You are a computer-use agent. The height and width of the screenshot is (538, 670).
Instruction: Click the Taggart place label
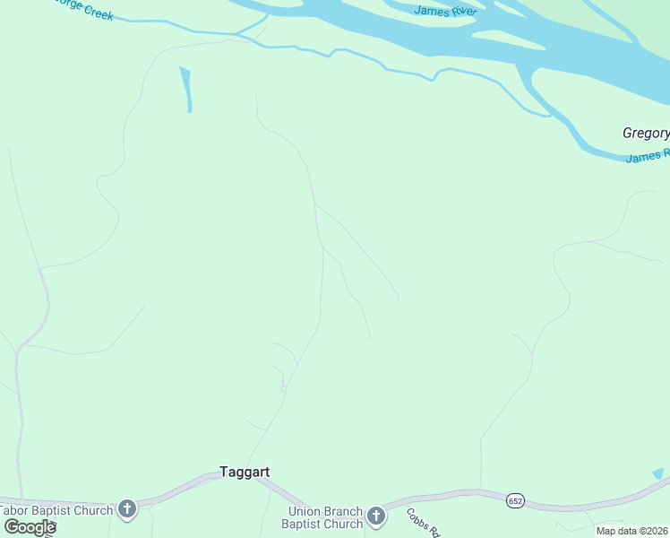(x=245, y=472)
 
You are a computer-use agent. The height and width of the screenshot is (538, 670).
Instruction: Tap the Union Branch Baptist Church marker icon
(x=376, y=516)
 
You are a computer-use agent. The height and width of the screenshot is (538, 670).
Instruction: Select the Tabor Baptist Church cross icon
(x=127, y=510)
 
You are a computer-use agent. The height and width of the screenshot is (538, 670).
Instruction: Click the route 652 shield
(x=514, y=499)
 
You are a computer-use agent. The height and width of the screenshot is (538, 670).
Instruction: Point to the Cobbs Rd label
(x=423, y=523)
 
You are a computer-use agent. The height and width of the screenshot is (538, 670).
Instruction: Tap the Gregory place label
(x=646, y=134)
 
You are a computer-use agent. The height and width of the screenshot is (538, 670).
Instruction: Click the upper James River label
(x=445, y=11)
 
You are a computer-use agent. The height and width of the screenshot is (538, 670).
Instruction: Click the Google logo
(x=29, y=526)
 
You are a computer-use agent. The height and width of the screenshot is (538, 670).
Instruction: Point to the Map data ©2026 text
(x=632, y=531)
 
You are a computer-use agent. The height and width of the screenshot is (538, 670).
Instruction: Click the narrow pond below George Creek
(x=186, y=89)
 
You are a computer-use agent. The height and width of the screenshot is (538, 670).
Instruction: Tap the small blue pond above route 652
(x=658, y=473)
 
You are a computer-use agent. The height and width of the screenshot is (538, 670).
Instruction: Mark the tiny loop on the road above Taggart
(x=283, y=387)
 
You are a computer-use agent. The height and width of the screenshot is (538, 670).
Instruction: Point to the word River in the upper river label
(x=462, y=11)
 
